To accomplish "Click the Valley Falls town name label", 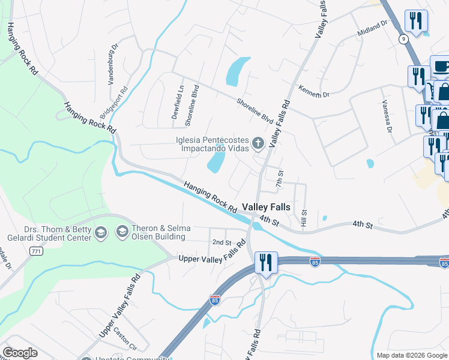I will click(x=266, y=207).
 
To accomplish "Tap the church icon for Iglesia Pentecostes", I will click(x=258, y=143).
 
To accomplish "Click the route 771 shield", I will click(x=36, y=252).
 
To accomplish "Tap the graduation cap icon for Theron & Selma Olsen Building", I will click(x=122, y=232).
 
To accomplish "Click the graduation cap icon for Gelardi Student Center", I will click(x=100, y=232).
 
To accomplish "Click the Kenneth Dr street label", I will click(x=315, y=91).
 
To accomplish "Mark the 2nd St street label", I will click(x=221, y=242).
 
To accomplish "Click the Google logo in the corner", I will click(x=20, y=353).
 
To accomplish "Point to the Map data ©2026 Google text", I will click(x=411, y=355).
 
